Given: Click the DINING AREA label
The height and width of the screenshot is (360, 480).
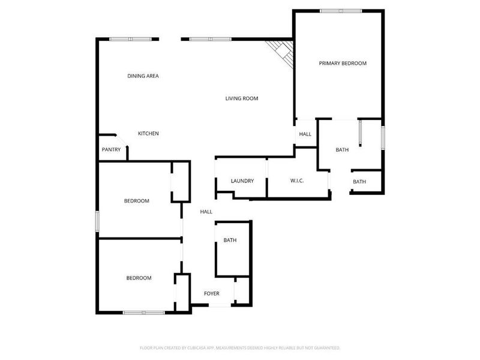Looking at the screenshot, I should click(143, 76).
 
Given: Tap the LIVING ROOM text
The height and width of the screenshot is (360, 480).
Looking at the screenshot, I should click(242, 98).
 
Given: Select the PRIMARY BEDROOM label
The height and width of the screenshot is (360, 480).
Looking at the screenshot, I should click(342, 63).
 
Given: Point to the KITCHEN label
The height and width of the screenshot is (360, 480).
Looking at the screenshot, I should click(148, 133).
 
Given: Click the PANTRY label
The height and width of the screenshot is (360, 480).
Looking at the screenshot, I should click(111, 149).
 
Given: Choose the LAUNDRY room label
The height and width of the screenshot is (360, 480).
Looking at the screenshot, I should click(242, 181).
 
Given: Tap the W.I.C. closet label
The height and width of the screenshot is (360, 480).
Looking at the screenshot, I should click(298, 181).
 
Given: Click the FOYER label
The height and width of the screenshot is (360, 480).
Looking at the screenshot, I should click(211, 293).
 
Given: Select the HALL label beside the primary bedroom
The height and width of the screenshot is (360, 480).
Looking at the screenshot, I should click(305, 134).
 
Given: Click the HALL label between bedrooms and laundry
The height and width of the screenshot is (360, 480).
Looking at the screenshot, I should click(206, 211).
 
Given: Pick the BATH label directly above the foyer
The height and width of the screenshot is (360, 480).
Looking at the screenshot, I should click(230, 241).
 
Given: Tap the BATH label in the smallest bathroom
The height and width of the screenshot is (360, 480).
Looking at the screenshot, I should click(359, 182).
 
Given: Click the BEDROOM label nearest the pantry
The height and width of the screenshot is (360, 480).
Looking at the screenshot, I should click(136, 201).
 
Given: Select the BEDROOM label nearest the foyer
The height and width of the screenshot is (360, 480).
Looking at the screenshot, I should click(139, 278).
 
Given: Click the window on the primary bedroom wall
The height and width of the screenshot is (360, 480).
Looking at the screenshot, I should click(340, 11).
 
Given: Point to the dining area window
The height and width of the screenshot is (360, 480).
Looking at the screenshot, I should click(130, 39).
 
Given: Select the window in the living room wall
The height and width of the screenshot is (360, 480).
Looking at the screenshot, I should click(210, 39).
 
